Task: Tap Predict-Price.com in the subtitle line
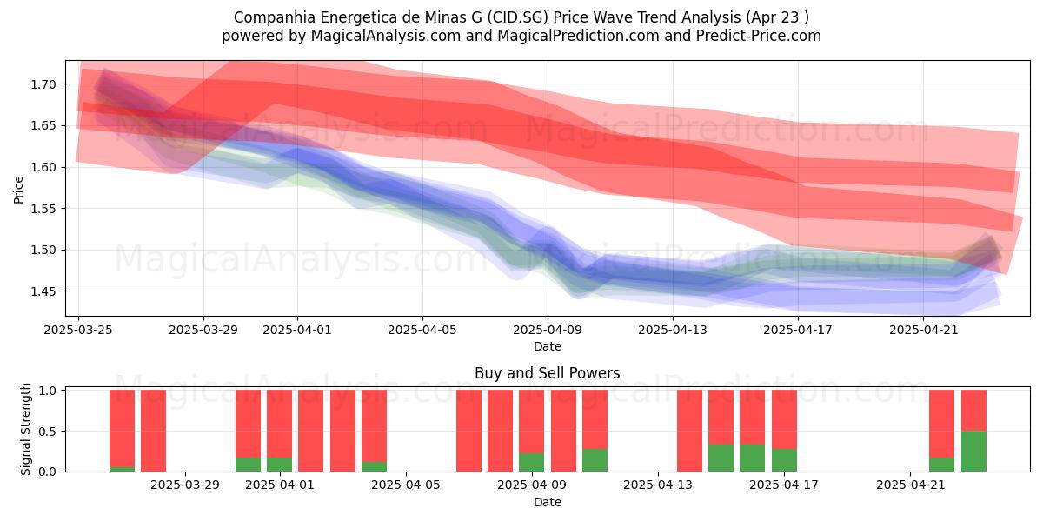pyautogui.click(x=759, y=36)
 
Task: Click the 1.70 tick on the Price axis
pyautogui.click(x=43, y=84)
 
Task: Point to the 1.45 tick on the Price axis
pyautogui.click(x=43, y=291)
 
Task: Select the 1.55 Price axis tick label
pyautogui.click(x=43, y=209)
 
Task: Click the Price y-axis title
pyautogui.click(x=18, y=190)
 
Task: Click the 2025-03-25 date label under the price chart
pyautogui.click(x=78, y=330)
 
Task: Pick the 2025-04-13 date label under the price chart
pyautogui.click(x=673, y=330)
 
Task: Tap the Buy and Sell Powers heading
pyautogui.click(x=547, y=373)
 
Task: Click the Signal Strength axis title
pyautogui.click(x=25, y=429)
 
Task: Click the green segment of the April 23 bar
pyautogui.click(x=973, y=452)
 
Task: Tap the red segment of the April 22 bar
pyautogui.click(x=941, y=424)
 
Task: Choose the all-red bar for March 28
pyautogui.click(x=153, y=431)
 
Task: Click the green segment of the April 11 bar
pyautogui.click(x=595, y=460)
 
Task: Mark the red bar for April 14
pyautogui.click(x=689, y=431)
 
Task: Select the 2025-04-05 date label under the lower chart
pyautogui.click(x=406, y=485)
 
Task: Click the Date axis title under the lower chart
pyautogui.click(x=547, y=502)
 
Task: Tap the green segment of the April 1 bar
pyautogui.click(x=279, y=465)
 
